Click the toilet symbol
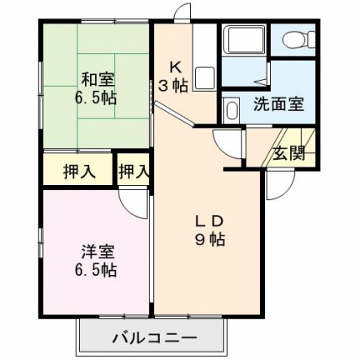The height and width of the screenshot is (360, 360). [x=298, y=39]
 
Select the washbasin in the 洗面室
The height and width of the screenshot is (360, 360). [x=231, y=110]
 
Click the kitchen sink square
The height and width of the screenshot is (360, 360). [x=204, y=78]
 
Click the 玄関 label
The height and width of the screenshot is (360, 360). [x=289, y=154]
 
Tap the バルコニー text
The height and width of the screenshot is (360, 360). [x=155, y=338]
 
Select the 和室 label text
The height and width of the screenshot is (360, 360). [x=98, y=80]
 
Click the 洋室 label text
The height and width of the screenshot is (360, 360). [x=98, y=251]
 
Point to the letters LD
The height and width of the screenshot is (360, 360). [x=209, y=222]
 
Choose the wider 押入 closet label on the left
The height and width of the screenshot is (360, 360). [x=79, y=171]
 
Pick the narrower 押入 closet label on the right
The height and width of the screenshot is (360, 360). [x=134, y=171]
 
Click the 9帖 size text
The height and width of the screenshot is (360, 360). [x=209, y=239]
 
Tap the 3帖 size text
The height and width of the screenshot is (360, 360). [x=173, y=85]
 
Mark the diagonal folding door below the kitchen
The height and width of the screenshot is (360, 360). [x=175, y=114]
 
